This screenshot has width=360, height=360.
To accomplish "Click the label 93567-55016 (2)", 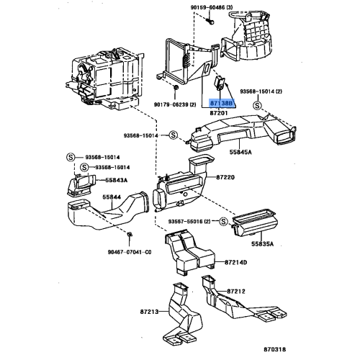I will tap(189, 220).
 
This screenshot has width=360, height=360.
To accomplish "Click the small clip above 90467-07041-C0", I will tap(128, 236).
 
